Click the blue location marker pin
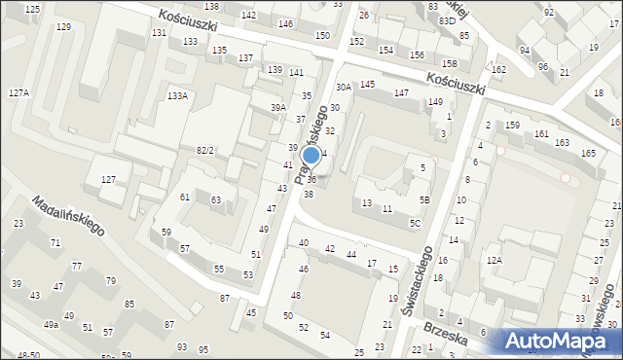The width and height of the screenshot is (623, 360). (x=311, y=156)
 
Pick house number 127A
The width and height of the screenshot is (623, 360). (x=18, y=92)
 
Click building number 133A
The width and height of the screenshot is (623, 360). (x=177, y=95)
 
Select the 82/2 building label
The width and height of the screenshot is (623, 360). (x=204, y=150)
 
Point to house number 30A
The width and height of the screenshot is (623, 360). (x=344, y=88)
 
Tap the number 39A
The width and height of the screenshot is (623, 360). (x=279, y=107)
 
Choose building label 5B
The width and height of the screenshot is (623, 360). (x=424, y=199)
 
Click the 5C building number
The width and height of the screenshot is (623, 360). (x=415, y=223)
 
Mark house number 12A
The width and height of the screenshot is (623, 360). (x=495, y=260)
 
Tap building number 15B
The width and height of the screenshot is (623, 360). (x=449, y=64)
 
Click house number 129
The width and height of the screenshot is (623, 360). (x=63, y=26)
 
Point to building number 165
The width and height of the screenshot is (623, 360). (x=588, y=153)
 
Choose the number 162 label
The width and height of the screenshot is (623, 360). (x=499, y=70)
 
